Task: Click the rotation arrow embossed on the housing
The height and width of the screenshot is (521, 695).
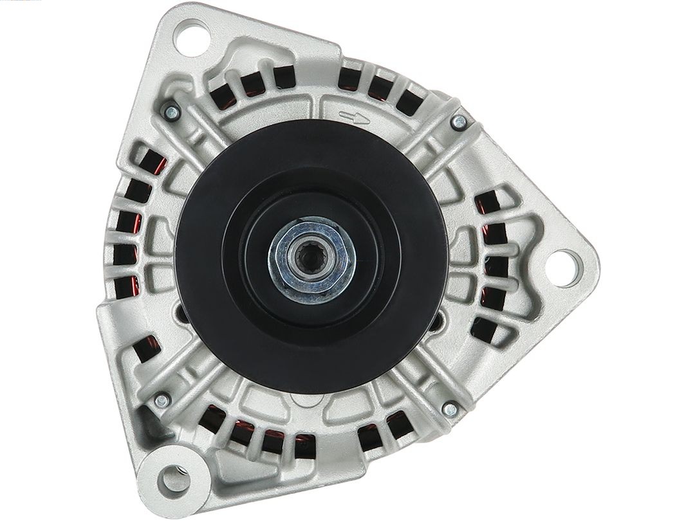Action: tap(355, 117)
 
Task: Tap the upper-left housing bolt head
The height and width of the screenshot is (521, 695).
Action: tap(171, 112)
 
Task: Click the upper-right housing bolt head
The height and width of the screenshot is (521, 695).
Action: tap(459, 121)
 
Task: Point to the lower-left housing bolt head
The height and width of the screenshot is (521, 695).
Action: tap(162, 400)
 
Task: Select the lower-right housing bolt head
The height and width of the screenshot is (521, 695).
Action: tap(451, 408)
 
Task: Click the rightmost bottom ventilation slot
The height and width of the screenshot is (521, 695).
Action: tap(396, 424)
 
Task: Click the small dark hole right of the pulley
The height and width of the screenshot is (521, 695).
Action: tap(441, 320)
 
